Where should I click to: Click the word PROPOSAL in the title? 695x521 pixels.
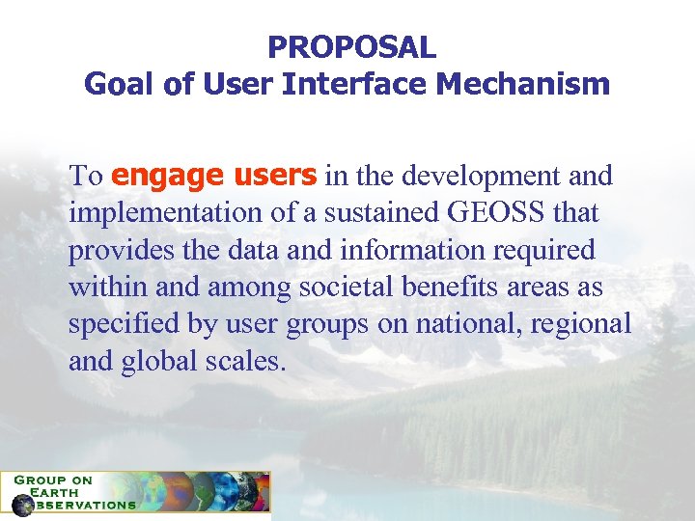click(351, 45)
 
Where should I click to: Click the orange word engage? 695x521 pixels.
click(167, 178)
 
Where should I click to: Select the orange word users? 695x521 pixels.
click(272, 177)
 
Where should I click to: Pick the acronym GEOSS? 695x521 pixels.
click(490, 213)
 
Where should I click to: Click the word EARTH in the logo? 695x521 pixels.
click(56, 491)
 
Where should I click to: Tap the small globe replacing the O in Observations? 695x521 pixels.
click(21, 505)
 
